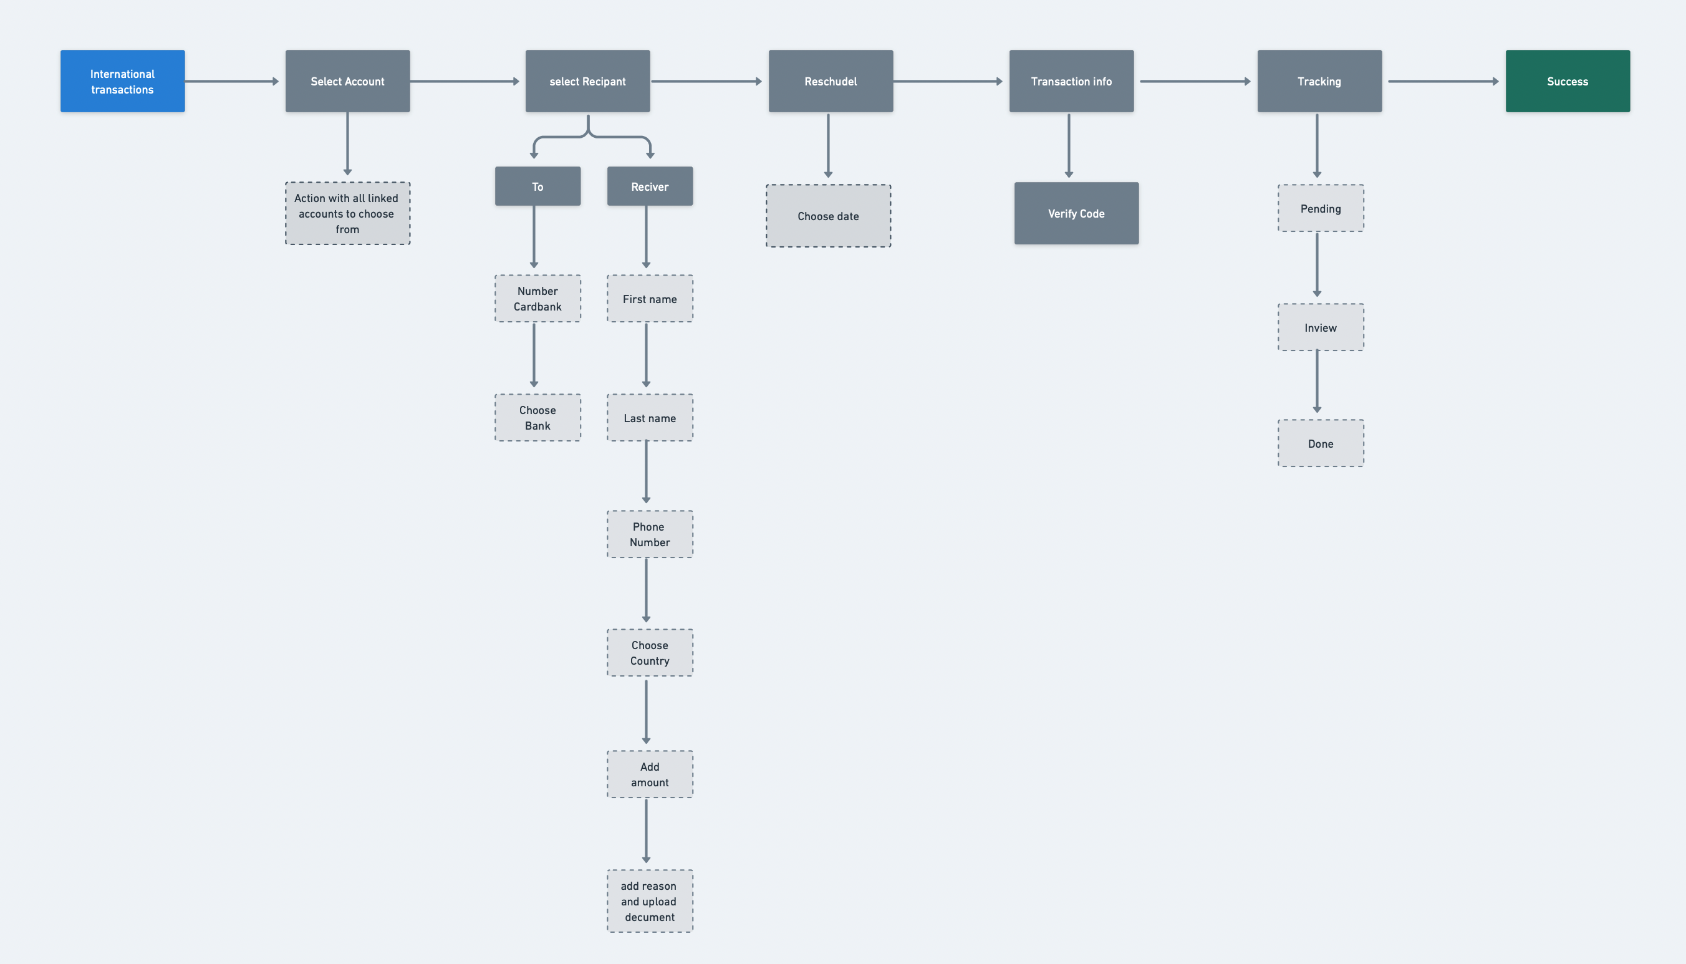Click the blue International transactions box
pyautogui.click(x=122, y=81)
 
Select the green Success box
pyautogui.click(x=1567, y=81)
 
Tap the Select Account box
pyautogui.click(x=347, y=81)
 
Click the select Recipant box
pyautogui.click(x=587, y=81)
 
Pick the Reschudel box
pyautogui.click(x=830, y=81)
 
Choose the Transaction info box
pyautogui.click(x=1071, y=81)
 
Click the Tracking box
pyautogui.click(x=1319, y=81)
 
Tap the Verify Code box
pyautogui.click(x=1076, y=213)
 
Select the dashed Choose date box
pyautogui.click(x=828, y=216)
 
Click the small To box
pyautogui.click(x=537, y=186)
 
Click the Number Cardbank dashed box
pyautogui.click(x=537, y=299)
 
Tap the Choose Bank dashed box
pyautogui.click(x=537, y=418)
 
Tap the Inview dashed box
pyautogui.click(x=1320, y=327)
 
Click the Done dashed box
pyautogui.click(x=1320, y=443)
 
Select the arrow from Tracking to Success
pyautogui.click(x=1443, y=82)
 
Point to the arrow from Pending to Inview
pyautogui.click(x=1317, y=265)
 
